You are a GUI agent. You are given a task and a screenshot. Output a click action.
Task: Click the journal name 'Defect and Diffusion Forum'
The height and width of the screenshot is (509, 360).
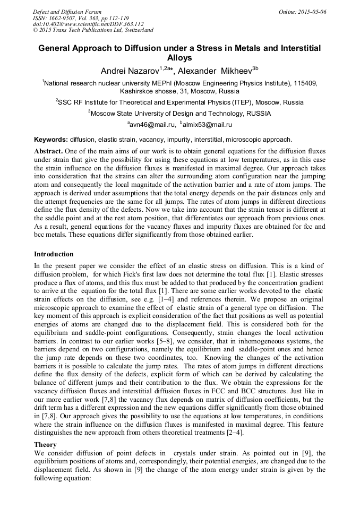coord(67,12)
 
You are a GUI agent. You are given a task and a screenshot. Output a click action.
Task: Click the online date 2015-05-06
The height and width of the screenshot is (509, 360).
coord(313,12)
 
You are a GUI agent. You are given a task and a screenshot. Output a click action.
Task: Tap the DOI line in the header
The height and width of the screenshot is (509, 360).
coord(88,24)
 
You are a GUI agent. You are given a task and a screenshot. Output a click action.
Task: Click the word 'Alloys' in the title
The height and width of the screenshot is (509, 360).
coord(179,58)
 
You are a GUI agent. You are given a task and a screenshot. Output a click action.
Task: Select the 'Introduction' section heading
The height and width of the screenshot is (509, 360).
coord(54,254)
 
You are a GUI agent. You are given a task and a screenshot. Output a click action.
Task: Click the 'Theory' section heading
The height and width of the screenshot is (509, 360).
coord(45,444)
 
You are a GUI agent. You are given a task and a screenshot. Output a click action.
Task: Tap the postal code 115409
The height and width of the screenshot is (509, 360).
coord(303,83)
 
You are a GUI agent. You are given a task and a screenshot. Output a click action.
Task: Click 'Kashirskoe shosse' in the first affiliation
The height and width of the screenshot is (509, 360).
coord(147,91)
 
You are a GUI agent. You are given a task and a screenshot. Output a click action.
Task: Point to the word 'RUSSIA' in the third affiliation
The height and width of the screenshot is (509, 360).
coord(257,113)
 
